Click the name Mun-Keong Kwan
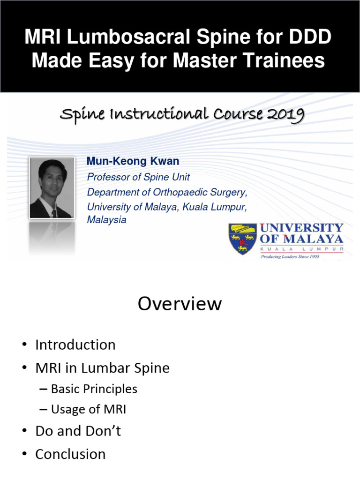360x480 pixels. (x=133, y=161)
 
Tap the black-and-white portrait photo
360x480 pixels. (x=52, y=187)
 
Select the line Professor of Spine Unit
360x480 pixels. (x=138, y=177)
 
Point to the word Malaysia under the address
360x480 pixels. (x=107, y=219)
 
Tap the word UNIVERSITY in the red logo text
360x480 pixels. (x=302, y=228)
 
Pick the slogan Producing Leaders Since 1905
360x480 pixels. (x=290, y=257)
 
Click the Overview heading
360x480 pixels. (x=180, y=304)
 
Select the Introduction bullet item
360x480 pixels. (x=75, y=345)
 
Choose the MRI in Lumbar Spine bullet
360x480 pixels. (x=102, y=368)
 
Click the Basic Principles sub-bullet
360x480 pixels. (x=94, y=389)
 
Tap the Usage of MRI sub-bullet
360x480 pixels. (x=88, y=410)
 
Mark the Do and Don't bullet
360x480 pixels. (x=78, y=431)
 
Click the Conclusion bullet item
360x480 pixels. (x=70, y=454)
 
